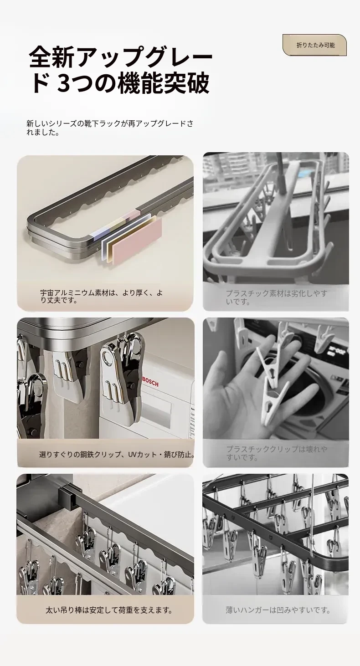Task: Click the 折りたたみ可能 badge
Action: coord(314,45)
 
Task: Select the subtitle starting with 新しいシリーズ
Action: coord(109,128)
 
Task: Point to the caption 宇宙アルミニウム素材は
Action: coord(102,297)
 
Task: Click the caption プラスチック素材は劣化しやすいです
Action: coord(277,297)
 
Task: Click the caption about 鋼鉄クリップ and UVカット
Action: coord(117,455)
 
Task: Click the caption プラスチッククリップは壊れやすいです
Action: coord(277,453)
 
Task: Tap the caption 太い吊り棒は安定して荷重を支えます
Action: coord(109,610)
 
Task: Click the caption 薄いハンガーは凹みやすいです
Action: coord(278,610)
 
